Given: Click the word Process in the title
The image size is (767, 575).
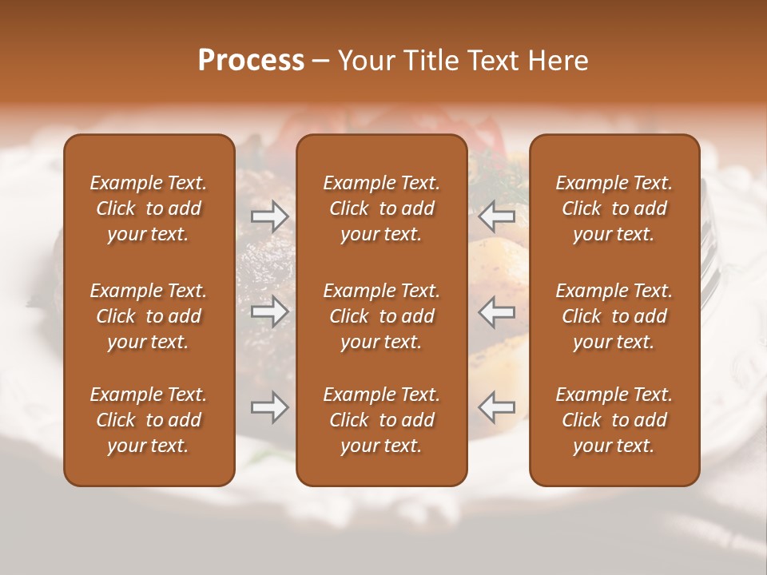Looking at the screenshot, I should coord(251,61).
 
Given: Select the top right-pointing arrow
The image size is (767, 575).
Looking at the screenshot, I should coord(269,216).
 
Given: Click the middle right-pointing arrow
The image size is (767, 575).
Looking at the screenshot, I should coord(269,311).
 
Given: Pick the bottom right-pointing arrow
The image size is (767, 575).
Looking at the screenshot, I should coord(269,407).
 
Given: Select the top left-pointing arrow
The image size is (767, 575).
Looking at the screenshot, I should coord(497,216).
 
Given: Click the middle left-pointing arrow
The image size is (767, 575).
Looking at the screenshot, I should coord(497,311).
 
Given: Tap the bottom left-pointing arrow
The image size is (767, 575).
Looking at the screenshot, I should coord(497,407).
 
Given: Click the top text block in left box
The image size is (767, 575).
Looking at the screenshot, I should coord(149,208).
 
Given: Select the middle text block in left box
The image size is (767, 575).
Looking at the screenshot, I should coord(149,316).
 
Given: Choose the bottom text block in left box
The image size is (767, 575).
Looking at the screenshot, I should coord(149,420).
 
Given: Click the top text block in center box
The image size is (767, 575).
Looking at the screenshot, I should coord(382,208).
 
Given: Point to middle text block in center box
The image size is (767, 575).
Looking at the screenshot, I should coord(382,316).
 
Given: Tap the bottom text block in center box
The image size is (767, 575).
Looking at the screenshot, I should coord(382,420).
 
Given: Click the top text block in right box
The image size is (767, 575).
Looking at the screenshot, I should coord(614,208).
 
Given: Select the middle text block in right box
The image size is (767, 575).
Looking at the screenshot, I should coord(614,316).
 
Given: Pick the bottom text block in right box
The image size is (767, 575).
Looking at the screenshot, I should coord(614,420).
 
